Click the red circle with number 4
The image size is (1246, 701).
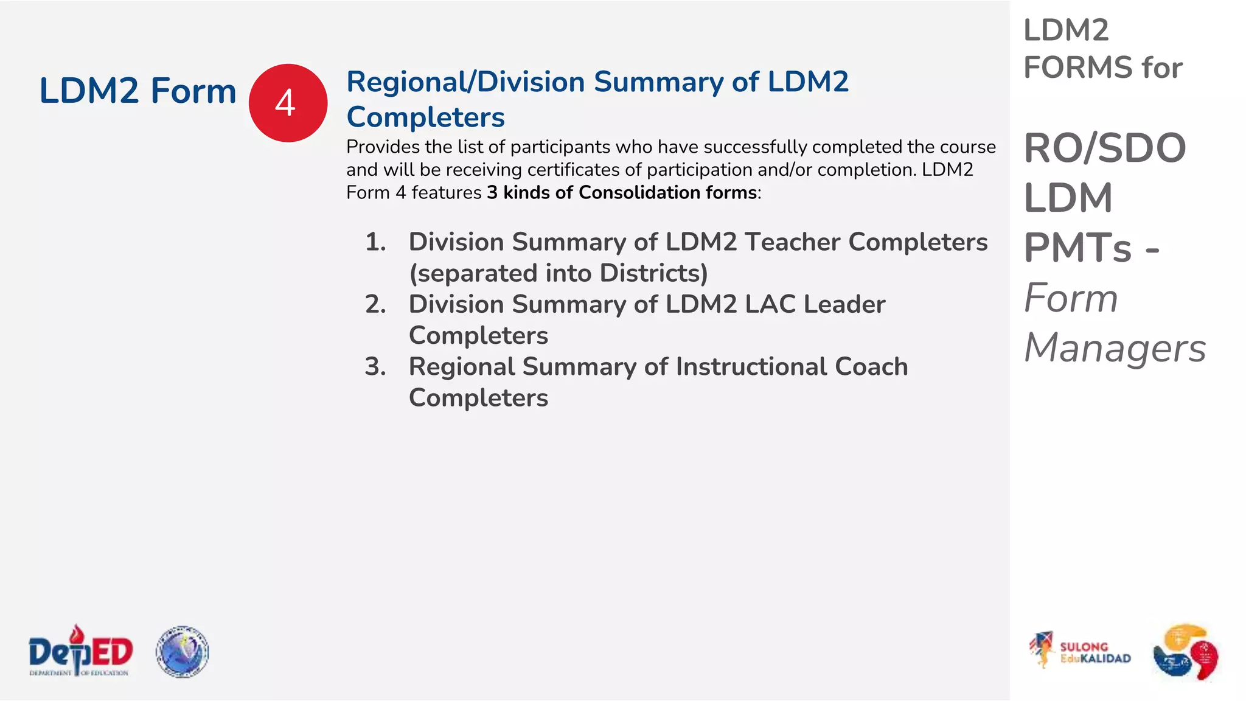pos(288,103)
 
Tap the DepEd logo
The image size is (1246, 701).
pos(80,651)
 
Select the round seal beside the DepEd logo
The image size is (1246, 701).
pos(182,652)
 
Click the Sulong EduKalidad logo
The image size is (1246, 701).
pos(1080,651)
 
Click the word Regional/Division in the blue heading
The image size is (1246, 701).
pos(465,82)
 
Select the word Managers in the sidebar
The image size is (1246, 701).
pos(1115,348)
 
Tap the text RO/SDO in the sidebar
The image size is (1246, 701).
pos(1105,148)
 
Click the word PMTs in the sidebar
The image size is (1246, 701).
pos(1077,248)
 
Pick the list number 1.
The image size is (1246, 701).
pos(375,242)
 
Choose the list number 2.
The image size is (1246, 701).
pos(375,304)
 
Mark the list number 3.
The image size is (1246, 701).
pos(375,367)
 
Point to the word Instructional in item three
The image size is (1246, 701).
pos(751,367)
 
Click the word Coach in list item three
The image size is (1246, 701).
pos(871,367)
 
